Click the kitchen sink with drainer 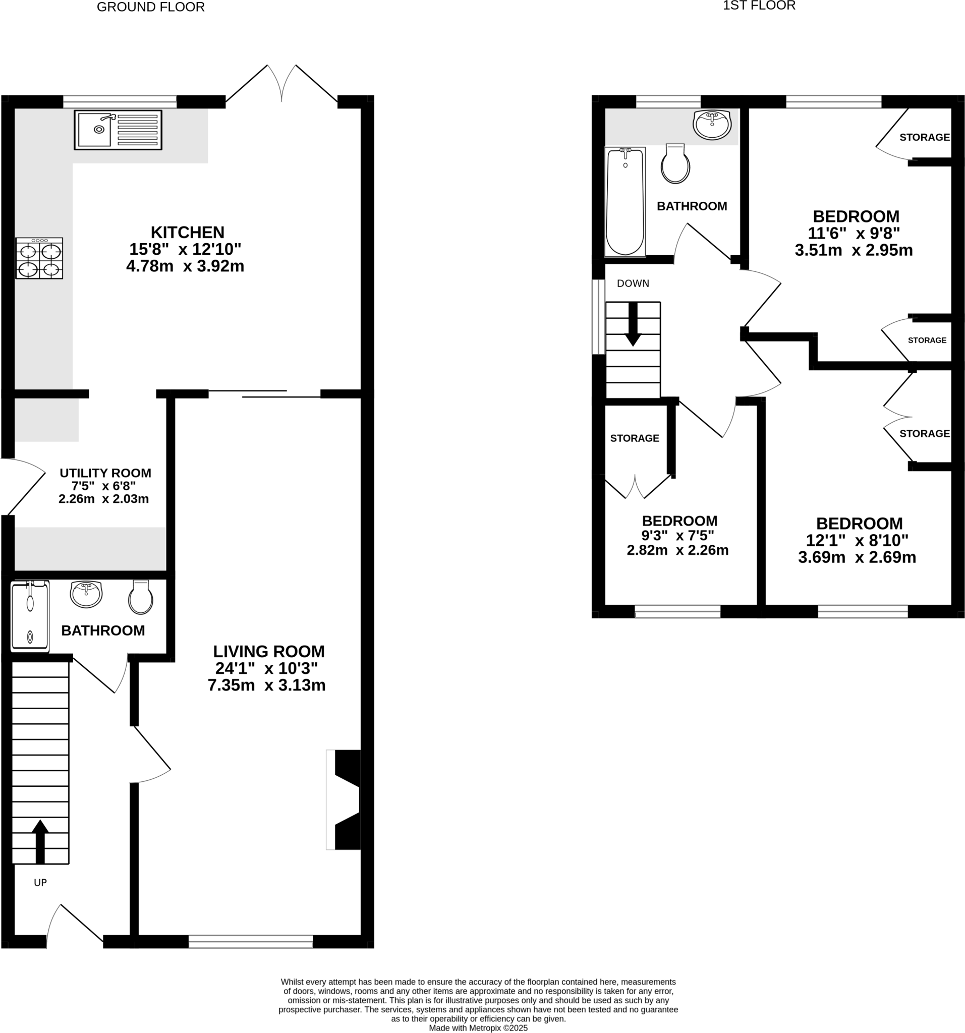pos(118,130)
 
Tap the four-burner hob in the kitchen pos(39,258)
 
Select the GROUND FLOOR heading pos(151,7)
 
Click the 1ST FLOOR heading pos(759,6)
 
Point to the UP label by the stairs pos(40,882)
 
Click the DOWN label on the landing pos(633,283)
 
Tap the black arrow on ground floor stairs pos(40,842)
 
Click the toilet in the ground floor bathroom pos(141,598)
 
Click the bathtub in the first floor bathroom pos(625,202)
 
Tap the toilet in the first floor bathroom pos(675,164)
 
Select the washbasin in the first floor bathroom pos(712,125)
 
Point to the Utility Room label pos(105,473)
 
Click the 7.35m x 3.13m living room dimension pos(266,685)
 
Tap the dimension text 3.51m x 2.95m pos(854,251)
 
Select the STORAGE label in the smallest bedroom pos(634,438)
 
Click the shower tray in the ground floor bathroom pos(30,616)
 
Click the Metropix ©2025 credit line pos(478,1028)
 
